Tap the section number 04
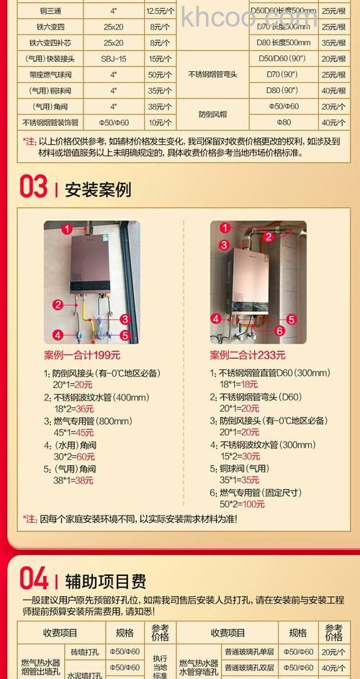pyautogui.click(x=33, y=577)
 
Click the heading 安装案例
pyautogui.click(x=98, y=190)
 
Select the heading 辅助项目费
pyautogui.click(x=107, y=580)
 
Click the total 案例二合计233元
pyautogui.click(x=248, y=355)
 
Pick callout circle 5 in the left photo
pyautogui.click(x=124, y=335)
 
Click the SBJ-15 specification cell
pyautogui.click(x=113, y=58)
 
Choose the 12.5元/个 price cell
pyautogui.click(x=161, y=12)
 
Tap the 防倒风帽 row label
pyautogui.click(x=212, y=114)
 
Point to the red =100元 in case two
pyautogui.click(x=252, y=504)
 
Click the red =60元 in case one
pyautogui.click(x=84, y=457)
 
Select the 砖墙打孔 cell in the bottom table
pyautogui.click(x=84, y=652)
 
